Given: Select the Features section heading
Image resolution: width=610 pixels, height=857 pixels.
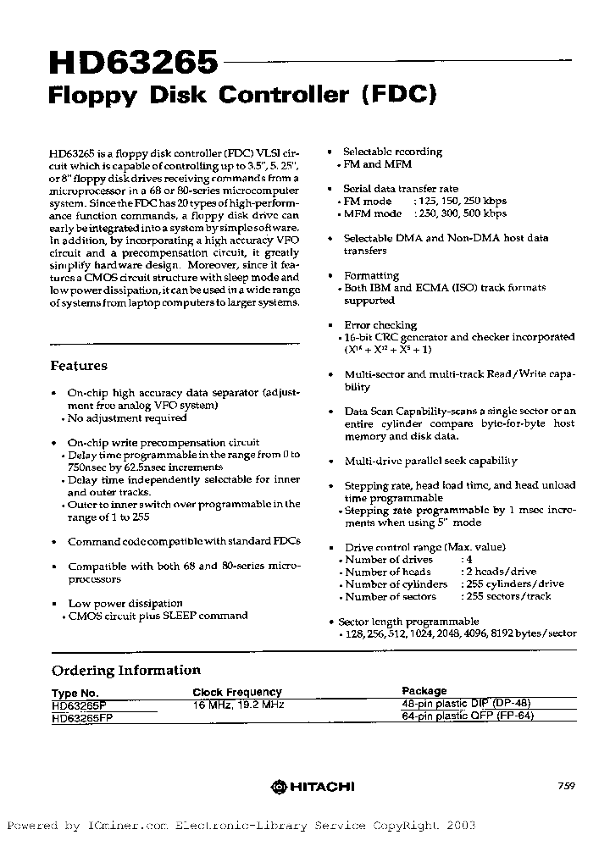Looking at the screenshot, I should (x=79, y=366).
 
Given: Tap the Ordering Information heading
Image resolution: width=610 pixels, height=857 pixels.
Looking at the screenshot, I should (x=126, y=670).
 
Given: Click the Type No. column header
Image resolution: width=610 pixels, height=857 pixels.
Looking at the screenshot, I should (x=80, y=692).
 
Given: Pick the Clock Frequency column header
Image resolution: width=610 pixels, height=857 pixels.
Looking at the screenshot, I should (x=236, y=692).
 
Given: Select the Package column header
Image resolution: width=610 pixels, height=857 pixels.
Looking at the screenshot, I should (x=424, y=691).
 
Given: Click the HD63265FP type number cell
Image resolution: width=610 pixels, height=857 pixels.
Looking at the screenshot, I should (x=83, y=716).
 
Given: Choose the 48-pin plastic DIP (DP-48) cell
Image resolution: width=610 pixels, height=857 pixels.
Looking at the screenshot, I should (x=467, y=703).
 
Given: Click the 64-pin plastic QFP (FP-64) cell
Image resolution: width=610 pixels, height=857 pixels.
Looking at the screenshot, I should (x=468, y=716).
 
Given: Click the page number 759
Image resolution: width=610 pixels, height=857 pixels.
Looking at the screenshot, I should (x=567, y=786).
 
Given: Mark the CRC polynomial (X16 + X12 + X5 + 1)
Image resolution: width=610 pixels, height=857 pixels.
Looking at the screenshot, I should (x=388, y=349).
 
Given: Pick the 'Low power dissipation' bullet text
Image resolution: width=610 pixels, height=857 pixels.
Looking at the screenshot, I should (x=125, y=603).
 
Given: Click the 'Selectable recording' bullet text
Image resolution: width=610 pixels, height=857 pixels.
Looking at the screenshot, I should (x=392, y=152).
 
